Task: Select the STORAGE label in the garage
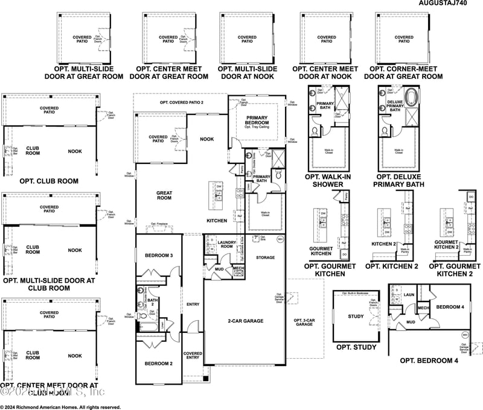(265, 257)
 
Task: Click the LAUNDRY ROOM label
(227, 244)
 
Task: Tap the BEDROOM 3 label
(158, 256)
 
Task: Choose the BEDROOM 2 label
(158, 364)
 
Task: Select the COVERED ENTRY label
(193, 356)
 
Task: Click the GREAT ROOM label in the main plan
(164, 195)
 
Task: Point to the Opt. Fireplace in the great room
(159, 225)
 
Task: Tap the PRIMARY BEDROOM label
(256, 119)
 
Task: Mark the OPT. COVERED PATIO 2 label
(182, 102)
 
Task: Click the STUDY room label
(356, 316)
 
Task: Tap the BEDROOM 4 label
(449, 307)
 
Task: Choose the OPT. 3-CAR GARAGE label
(303, 322)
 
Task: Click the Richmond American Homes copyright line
(60, 406)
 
